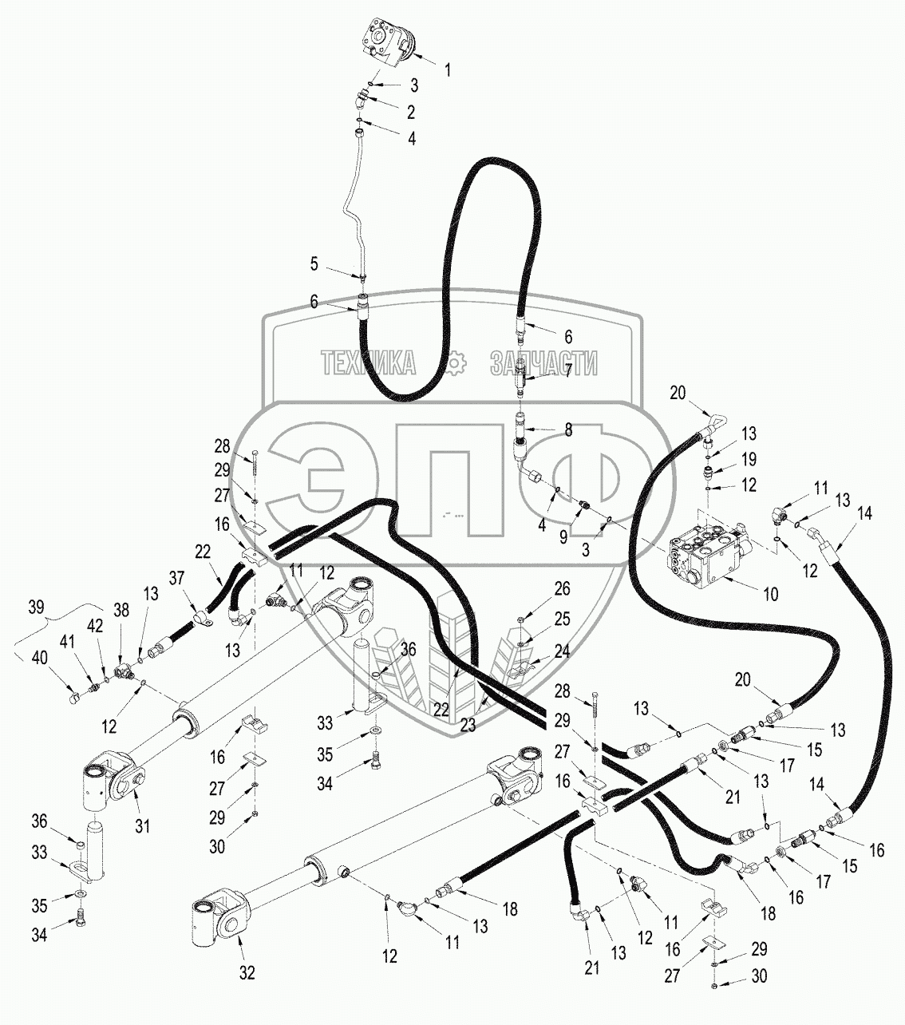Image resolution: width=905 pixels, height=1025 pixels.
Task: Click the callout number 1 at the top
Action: pos(448,70)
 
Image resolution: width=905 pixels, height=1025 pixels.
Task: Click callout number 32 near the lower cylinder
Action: pos(247,973)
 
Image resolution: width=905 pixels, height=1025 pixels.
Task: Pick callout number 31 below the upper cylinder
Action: pos(142,826)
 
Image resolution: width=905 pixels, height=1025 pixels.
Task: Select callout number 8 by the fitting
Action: pos(567,429)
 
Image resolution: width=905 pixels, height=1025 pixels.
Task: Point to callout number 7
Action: pos(567,369)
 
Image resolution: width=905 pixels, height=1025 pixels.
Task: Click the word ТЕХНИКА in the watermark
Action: pos(368,364)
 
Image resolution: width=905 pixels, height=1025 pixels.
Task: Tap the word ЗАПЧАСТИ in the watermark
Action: pos(543,364)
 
